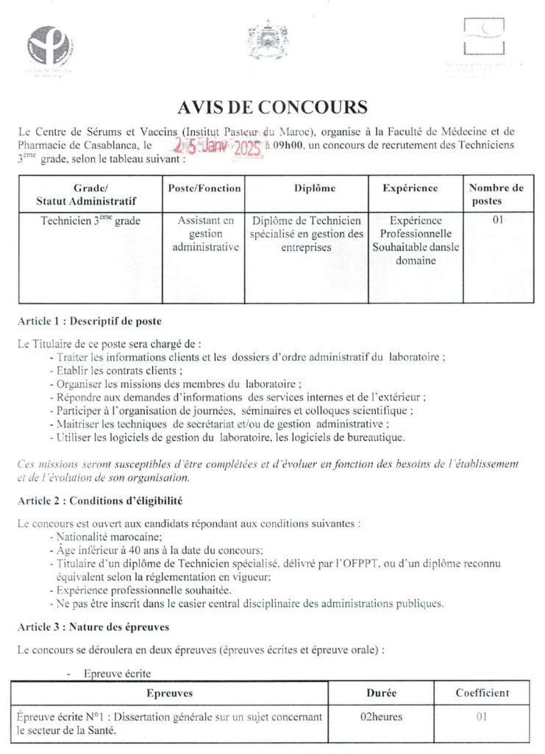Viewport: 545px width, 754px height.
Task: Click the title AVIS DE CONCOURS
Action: coord(272,108)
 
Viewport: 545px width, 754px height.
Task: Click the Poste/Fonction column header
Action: coord(204,188)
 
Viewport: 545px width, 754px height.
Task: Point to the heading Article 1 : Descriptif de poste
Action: coord(88,323)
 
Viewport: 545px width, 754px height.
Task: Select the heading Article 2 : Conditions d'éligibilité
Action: coord(99,501)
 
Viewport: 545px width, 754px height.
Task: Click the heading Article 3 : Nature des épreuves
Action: coord(93,627)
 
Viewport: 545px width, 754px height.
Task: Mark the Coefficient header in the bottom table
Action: coord(482,693)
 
